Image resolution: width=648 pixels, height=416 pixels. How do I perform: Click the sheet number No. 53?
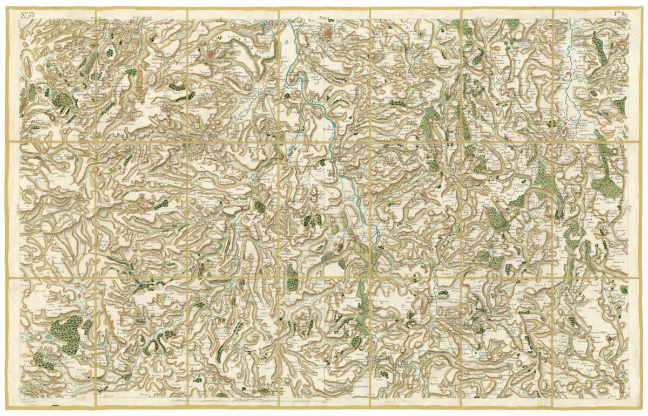point(26,13)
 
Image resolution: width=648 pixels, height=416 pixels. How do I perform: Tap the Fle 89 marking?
point(620,13)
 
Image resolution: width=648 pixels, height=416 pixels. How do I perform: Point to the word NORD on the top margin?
point(323,18)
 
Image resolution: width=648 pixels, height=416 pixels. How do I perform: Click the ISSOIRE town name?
point(262,23)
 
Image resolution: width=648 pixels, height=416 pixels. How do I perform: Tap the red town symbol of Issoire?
point(274,24)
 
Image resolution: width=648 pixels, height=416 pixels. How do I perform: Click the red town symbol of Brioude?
point(357,235)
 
